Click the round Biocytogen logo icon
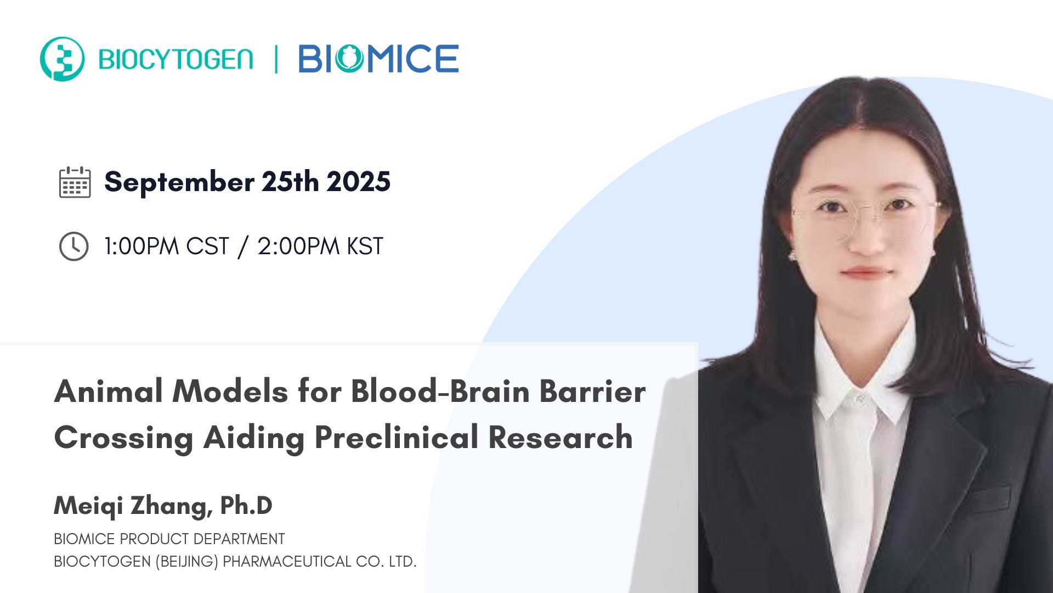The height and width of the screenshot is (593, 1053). click(62, 59)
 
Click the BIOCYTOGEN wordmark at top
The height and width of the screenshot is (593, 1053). click(175, 59)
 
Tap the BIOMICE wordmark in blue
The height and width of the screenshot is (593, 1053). click(378, 59)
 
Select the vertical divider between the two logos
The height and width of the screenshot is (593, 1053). click(276, 59)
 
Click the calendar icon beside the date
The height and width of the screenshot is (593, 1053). click(75, 182)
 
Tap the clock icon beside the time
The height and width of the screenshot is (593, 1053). click(73, 246)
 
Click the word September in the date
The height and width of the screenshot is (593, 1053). click(179, 182)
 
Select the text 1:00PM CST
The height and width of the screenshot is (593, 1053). click(166, 246)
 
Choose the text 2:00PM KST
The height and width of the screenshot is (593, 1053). click(320, 246)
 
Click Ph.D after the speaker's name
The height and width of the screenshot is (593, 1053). click(246, 506)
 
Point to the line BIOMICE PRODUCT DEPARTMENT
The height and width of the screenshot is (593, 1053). click(169, 539)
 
